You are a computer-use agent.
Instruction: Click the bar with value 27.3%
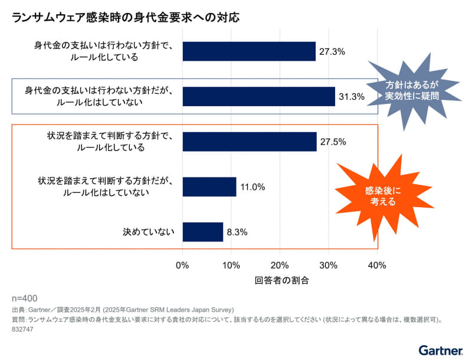pos(249,51)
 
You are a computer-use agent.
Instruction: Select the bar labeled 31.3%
pos(258,96)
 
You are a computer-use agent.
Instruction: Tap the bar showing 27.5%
pos(250,142)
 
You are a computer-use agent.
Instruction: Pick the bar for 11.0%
pos(209,186)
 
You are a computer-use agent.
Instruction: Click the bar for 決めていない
pos(203,232)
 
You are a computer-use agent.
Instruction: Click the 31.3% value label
pos(351,96)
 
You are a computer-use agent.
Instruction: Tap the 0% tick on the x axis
pos(183,266)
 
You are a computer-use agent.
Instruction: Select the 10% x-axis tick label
pos(231,266)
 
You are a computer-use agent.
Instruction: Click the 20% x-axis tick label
pos(280,266)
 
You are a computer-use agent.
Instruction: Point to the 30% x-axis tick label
pos(329,266)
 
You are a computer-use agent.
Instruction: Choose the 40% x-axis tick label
pos(377,266)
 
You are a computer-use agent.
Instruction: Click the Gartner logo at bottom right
pos(440,350)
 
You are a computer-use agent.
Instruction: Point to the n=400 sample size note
pos(24,298)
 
